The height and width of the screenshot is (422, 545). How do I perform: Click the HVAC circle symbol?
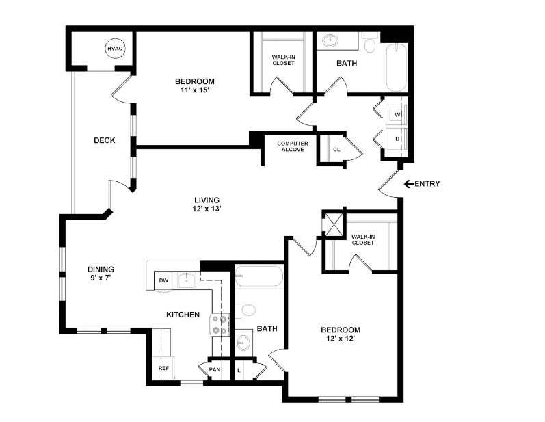click(114, 49)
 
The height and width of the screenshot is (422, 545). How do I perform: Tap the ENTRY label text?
click(427, 184)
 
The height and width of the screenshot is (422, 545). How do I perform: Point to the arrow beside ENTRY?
click(408, 184)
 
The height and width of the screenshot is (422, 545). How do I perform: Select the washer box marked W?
click(396, 114)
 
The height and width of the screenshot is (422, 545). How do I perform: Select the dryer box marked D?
click(396, 139)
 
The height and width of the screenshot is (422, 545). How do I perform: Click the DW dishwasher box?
click(163, 280)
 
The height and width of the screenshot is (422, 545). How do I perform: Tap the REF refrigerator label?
click(163, 368)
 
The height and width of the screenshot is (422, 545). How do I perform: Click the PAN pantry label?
click(215, 370)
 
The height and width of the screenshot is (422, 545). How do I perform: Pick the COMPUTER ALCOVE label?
click(292, 146)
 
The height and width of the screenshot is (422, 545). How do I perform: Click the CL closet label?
click(336, 149)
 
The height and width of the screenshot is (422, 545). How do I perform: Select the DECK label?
click(104, 141)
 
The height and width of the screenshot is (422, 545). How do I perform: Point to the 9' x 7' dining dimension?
click(101, 278)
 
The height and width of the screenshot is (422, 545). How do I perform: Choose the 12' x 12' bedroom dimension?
click(341, 339)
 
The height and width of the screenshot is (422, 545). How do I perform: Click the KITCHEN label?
click(183, 315)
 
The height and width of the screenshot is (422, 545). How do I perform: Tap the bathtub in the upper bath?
click(396, 67)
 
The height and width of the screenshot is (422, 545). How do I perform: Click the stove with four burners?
click(220, 324)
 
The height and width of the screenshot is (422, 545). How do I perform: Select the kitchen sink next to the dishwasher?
click(186, 279)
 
